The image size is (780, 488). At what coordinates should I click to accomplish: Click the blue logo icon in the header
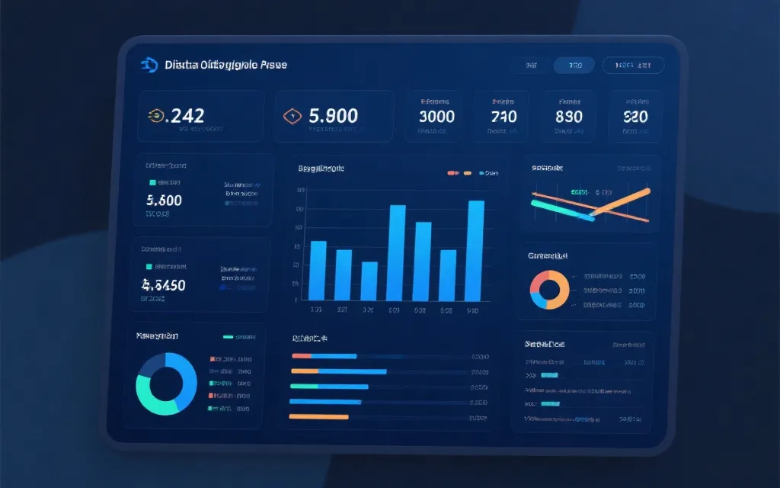[x=149, y=66]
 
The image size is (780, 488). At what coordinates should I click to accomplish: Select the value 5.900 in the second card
[x=334, y=116]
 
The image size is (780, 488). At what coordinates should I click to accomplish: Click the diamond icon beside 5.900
[x=290, y=116]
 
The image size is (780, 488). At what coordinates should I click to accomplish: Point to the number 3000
[x=436, y=117]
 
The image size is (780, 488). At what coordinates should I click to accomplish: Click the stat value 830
[x=569, y=117]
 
